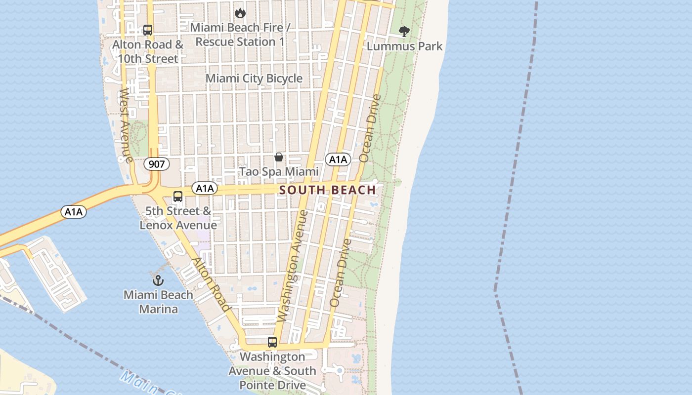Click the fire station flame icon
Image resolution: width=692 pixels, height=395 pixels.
(240, 13)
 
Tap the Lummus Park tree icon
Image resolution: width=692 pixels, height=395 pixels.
(404, 32)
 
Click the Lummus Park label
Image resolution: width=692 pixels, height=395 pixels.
(405, 46)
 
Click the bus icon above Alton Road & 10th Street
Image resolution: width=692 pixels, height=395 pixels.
(147, 30)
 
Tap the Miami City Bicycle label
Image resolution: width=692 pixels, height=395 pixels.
(254, 79)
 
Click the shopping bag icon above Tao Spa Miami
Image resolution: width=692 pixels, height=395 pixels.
(279, 158)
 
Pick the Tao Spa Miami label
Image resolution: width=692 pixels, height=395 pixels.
(279, 172)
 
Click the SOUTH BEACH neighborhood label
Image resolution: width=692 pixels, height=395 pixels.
(328, 190)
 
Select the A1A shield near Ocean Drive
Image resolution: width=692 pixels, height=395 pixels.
(338, 159)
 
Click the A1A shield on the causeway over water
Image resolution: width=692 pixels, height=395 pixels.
(74, 212)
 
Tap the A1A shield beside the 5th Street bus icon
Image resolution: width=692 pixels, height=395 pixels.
(205, 188)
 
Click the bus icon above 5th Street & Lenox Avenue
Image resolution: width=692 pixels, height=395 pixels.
(178, 197)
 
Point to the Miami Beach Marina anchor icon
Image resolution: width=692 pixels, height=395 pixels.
(158, 280)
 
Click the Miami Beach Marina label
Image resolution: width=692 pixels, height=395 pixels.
(158, 302)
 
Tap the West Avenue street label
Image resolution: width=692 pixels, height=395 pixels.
(126, 125)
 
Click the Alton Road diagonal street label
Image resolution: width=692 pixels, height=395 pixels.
(212, 284)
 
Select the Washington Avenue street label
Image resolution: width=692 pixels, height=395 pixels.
(293, 265)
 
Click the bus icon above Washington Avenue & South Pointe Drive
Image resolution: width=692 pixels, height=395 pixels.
(272, 342)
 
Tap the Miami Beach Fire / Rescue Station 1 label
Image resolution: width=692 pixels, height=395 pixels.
(240, 35)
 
